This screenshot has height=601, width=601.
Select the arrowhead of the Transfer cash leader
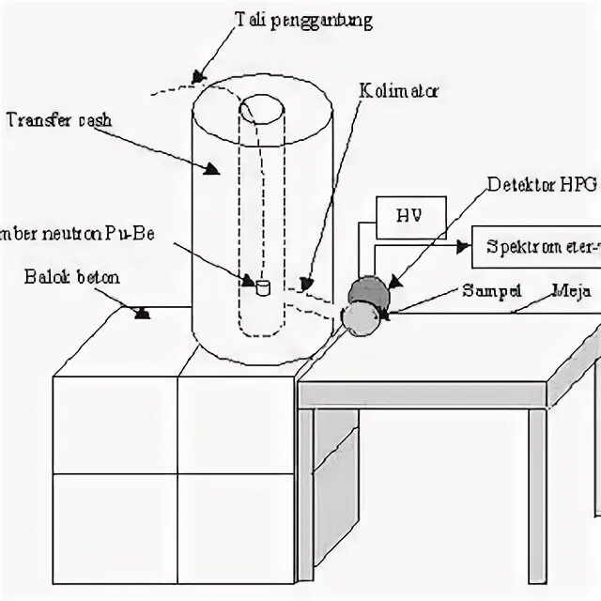(212, 170)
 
